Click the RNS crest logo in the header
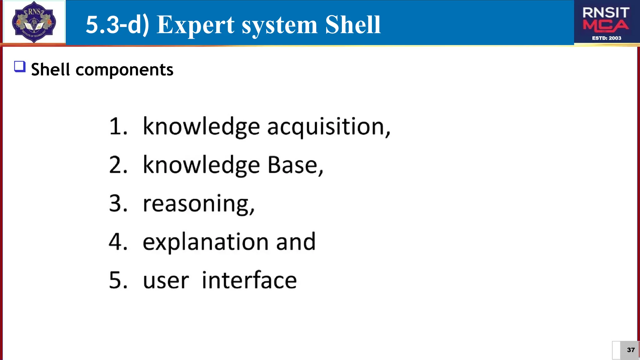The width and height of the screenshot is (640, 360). pyautogui.click(x=34, y=22)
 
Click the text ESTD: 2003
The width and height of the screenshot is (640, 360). pyautogui.click(x=607, y=38)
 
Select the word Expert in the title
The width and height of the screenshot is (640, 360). pyautogui.click(x=195, y=25)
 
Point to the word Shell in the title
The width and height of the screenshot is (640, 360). pyautogui.click(x=353, y=25)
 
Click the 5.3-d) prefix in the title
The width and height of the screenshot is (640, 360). pyautogui.click(x=117, y=25)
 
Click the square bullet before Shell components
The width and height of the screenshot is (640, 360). pyautogui.click(x=20, y=67)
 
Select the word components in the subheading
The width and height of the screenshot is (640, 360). pyautogui.click(x=124, y=69)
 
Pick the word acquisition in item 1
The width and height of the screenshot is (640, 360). pyautogui.click(x=328, y=127)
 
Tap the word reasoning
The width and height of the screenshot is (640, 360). pyautogui.click(x=198, y=204)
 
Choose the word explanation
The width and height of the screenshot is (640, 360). pyautogui.click(x=205, y=242)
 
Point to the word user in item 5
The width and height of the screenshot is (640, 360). pyautogui.click(x=166, y=281)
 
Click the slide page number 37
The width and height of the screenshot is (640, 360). pyautogui.click(x=631, y=350)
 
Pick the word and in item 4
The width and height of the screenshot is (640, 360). pyautogui.click(x=296, y=242)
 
